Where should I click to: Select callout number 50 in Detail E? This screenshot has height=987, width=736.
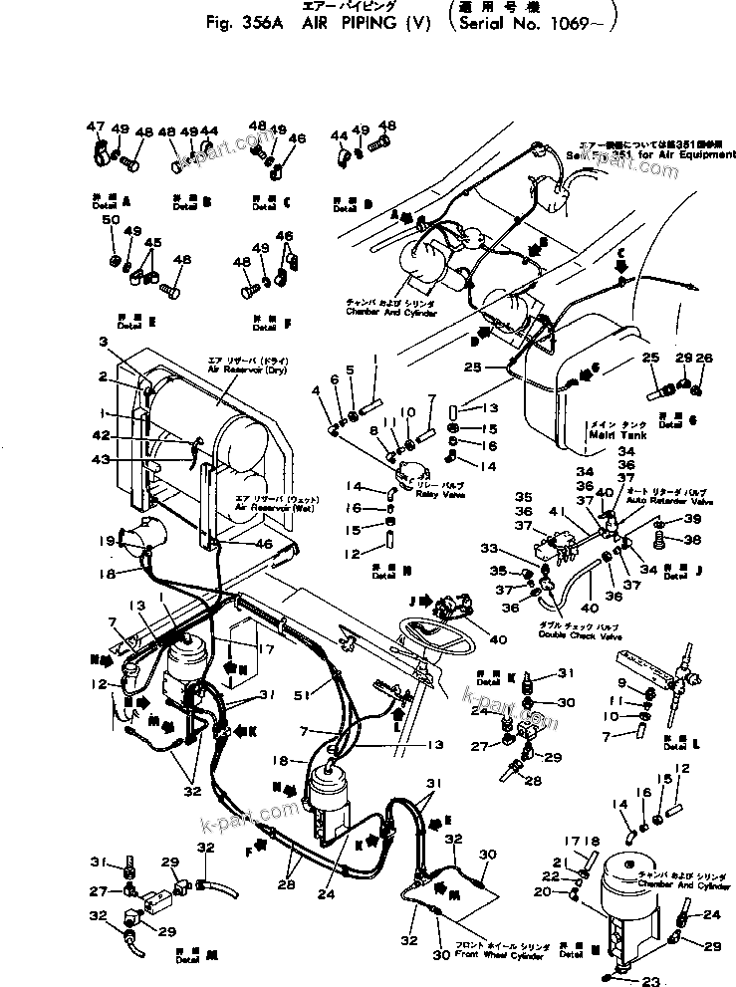click(111, 219)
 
